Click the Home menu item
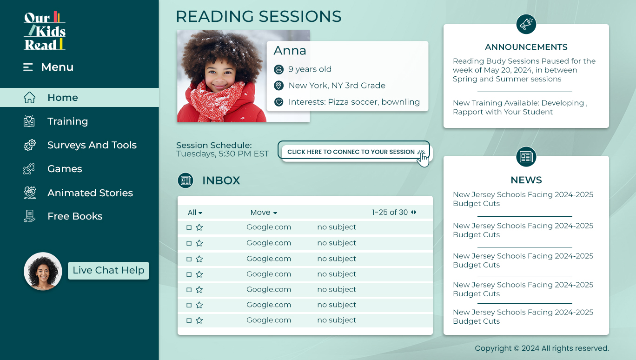coord(79,98)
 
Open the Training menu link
coord(67,121)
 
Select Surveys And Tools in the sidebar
coord(92,145)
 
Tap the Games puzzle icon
coord(29,169)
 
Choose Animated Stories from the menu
coord(90,193)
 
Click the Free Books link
coord(75,216)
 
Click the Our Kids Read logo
coord(45,31)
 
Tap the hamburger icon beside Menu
coord(28,67)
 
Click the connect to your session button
coord(354,152)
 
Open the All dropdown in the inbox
coord(195,213)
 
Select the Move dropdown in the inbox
coord(264,213)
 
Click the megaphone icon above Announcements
coord(526,24)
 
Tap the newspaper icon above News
coord(526,157)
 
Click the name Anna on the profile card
coord(290,51)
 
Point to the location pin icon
coord(278,86)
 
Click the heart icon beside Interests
coord(278,102)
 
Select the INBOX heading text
coord(221,180)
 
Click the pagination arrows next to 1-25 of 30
coord(414,212)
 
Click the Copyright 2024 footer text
coord(542,348)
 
